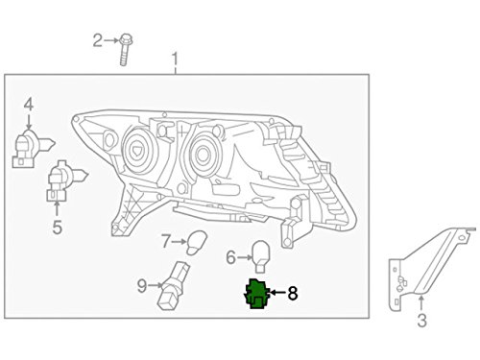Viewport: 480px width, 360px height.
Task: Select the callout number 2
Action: (x=97, y=39)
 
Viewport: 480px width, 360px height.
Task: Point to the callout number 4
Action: (x=29, y=105)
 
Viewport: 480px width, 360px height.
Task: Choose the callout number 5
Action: (x=57, y=228)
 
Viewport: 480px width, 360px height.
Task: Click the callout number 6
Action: (x=231, y=256)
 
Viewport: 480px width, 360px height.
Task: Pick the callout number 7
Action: (x=166, y=240)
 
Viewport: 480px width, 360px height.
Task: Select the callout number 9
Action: (x=142, y=284)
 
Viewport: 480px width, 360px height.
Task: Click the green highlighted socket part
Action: (x=255, y=296)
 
